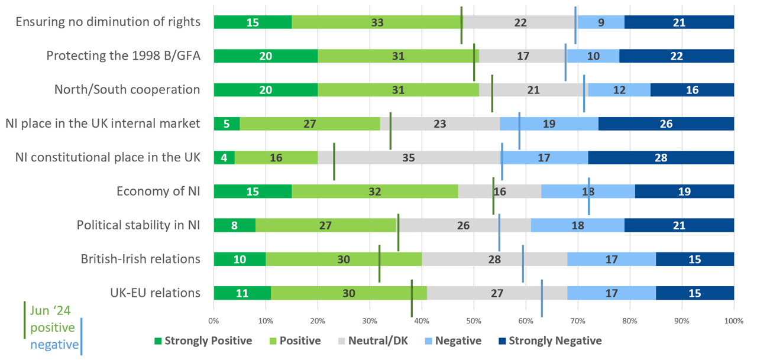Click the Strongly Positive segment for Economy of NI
[253, 192]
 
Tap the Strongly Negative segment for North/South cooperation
[692, 90]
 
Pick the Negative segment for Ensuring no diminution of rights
[601, 22]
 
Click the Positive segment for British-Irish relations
[344, 259]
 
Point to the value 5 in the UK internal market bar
[227, 124]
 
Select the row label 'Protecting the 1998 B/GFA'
[123, 56]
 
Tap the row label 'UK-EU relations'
[155, 293]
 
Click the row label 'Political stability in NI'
[138, 225]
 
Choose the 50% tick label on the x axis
[474, 320]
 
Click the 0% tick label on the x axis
[213, 320]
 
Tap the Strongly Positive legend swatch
[157, 341]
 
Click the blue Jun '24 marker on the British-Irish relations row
[523, 264]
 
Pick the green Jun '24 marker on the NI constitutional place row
[334, 161]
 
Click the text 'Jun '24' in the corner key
[50, 311]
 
